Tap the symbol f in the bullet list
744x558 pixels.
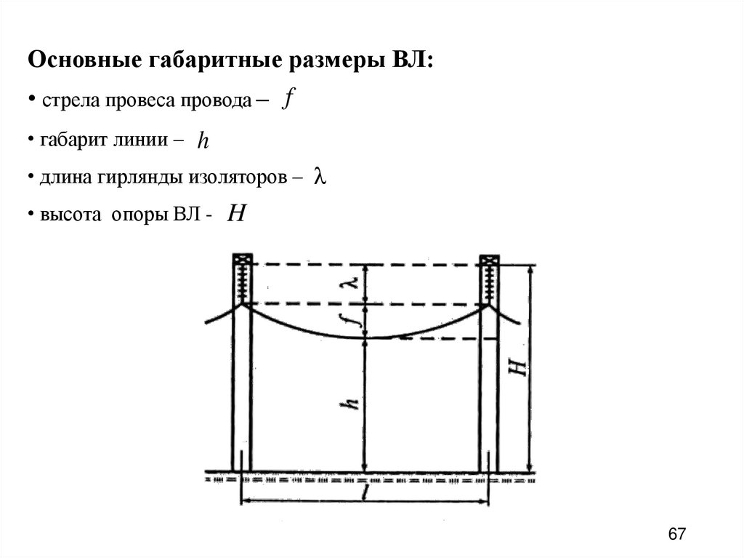(288, 100)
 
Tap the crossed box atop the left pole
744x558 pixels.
(242, 260)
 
